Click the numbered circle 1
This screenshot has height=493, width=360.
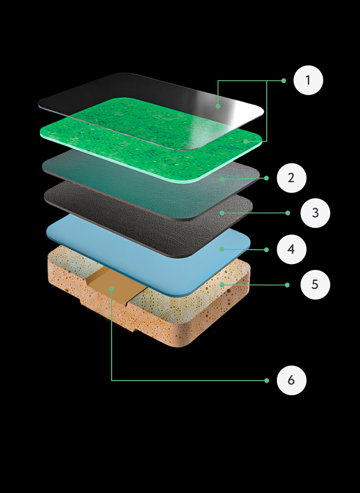click(308, 80)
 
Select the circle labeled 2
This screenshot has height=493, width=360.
click(291, 178)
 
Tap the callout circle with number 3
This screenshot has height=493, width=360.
click(315, 213)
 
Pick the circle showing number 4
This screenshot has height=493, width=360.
click(291, 249)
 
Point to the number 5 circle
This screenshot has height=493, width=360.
click(315, 285)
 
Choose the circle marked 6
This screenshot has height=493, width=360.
click(291, 380)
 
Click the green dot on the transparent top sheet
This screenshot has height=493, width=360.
click(218, 106)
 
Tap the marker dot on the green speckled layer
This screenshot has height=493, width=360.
click(246, 141)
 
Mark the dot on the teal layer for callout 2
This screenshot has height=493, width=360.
click(222, 179)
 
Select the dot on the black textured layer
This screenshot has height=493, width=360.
click(222, 213)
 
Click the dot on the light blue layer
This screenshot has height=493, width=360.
click(222, 249)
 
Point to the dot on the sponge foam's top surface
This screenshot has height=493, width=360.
click(222, 285)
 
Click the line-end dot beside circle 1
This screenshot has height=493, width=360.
click(284, 81)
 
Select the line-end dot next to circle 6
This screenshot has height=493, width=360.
click(267, 380)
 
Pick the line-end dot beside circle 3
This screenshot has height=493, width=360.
click(288, 213)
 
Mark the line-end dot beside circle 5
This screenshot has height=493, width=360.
click(287, 285)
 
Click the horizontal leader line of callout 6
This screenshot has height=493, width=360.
click(189, 380)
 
